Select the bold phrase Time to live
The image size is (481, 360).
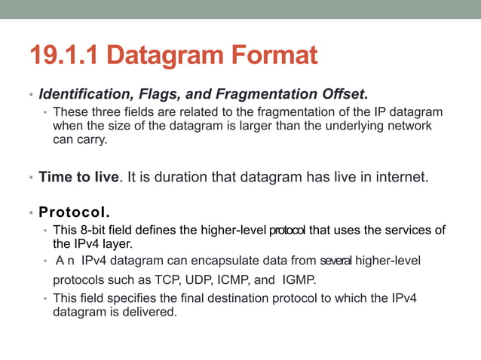tap(78, 178)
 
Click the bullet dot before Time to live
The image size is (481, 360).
tap(31, 179)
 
